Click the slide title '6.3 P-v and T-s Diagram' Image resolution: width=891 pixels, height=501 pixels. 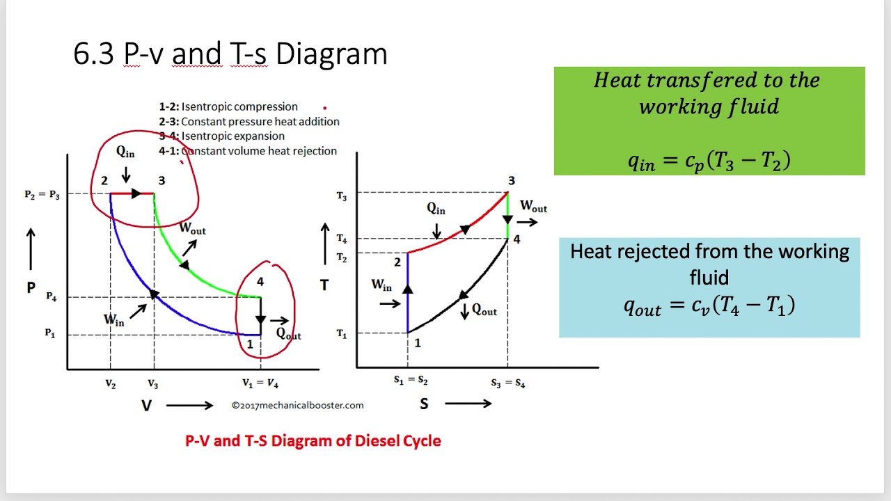coord(230,54)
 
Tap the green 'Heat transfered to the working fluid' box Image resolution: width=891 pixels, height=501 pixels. coord(709,120)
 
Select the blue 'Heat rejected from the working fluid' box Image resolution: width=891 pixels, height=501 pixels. coord(709,287)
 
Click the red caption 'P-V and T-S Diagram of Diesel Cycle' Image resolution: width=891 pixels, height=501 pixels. coord(313,440)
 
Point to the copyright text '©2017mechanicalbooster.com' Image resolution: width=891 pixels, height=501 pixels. coord(297,405)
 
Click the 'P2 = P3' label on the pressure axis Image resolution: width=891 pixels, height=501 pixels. coord(42,195)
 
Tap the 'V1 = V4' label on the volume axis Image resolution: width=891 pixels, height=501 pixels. coord(260,383)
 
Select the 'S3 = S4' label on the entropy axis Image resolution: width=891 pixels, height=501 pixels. coord(507,383)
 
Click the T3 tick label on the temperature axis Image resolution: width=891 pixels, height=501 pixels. coord(341,197)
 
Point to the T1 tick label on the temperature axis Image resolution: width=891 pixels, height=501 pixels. coord(341,335)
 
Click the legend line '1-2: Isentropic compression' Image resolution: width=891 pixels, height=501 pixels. coord(228,107)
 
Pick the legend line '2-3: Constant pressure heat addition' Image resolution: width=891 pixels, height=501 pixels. coord(249,122)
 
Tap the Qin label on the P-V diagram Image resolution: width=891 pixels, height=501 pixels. coord(125,152)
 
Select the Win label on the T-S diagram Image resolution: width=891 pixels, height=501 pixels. coord(381,285)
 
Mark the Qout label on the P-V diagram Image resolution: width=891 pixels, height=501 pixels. coord(288,334)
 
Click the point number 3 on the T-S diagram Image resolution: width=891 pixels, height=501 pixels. coord(511,181)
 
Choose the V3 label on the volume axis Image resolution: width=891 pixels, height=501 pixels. coord(152,383)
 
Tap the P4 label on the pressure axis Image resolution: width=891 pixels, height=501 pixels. coord(52,297)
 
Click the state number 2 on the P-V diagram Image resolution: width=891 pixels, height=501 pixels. coord(104,181)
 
